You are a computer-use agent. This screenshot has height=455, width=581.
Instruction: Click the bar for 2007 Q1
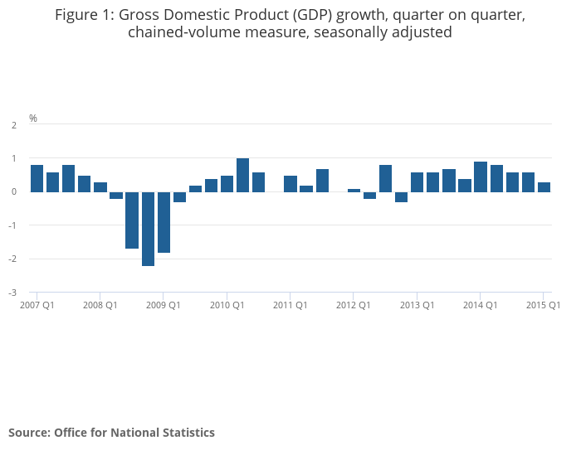(x=37, y=178)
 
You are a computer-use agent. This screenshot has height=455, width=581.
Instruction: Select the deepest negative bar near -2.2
(x=148, y=229)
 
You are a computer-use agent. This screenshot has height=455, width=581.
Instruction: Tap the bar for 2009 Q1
(x=164, y=222)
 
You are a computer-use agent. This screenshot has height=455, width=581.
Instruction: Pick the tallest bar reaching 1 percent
(x=242, y=175)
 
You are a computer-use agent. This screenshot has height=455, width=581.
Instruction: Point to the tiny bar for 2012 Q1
(x=354, y=190)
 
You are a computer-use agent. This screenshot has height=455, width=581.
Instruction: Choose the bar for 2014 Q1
(x=481, y=177)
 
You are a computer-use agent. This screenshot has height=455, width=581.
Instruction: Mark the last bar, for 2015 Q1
(x=544, y=187)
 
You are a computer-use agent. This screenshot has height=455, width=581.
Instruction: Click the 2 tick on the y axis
(x=14, y=125)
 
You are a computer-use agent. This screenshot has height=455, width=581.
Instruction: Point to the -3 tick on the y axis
(x=12, y=293)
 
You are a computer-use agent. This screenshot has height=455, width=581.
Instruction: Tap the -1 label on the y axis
(x=12, y=225)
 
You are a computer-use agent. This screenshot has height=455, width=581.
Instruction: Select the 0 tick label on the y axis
(x=14, y=192)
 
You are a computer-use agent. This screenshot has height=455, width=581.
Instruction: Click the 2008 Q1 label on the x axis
(x=100, y=305)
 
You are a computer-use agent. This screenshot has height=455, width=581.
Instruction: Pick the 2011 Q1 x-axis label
(x=290, y=305)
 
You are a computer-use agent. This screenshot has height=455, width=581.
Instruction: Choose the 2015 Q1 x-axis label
(x=543, y=305)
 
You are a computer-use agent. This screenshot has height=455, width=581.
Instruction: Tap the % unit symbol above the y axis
(x=33, y=119)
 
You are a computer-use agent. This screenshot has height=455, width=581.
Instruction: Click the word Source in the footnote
(x=27, y=433)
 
